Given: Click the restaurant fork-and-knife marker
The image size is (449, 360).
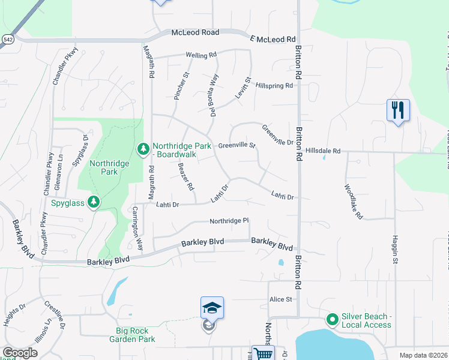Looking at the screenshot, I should tap(398, 110).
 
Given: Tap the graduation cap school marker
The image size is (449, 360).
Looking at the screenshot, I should tap(212, 308).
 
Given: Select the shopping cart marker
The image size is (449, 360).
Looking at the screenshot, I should tap(263, 354).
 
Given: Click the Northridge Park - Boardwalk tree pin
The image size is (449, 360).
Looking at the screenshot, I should tap(143, 148).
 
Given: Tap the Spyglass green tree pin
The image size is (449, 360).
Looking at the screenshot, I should tap(93, 202).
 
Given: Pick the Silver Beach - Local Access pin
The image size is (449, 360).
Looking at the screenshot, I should tap(332, 319).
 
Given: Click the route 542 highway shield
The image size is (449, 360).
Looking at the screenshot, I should tap(8, 39).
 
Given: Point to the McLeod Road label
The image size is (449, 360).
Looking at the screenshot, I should tap(196, 32).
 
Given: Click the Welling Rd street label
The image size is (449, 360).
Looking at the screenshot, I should tap(201, 55).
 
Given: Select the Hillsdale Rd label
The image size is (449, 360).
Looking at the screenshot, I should tap(322, 151).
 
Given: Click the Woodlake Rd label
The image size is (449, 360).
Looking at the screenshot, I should tap(354, 200).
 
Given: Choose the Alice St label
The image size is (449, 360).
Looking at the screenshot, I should tap(280, 299).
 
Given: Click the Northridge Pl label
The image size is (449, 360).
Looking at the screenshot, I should tap(229, 221).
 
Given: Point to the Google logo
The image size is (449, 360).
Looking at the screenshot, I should tap(20, 353).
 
